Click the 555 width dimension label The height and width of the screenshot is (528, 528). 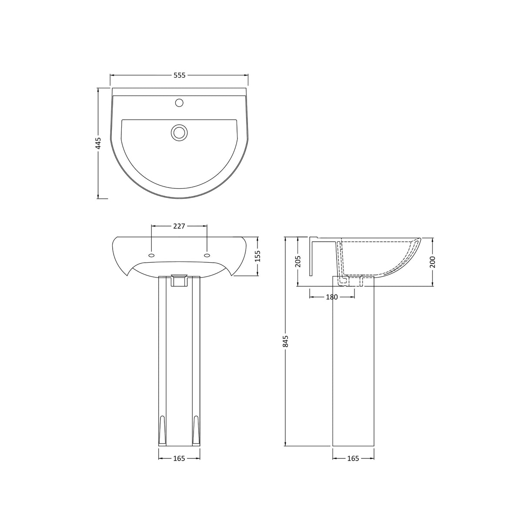coord(180,75)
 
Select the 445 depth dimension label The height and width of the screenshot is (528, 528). coord(98,143)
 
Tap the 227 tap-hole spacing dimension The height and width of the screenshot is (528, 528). coord(179,226)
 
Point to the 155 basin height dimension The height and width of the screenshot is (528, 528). coord(257,256)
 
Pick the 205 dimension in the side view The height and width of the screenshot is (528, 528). coord(298,261)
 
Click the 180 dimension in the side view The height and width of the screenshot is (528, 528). coord(331,297)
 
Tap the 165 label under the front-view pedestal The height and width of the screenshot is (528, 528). coord(179,458)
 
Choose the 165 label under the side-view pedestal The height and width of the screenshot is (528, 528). coord(353,458)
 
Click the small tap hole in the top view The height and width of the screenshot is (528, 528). coord(179,103)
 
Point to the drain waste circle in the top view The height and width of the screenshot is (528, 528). coord(179,132)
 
